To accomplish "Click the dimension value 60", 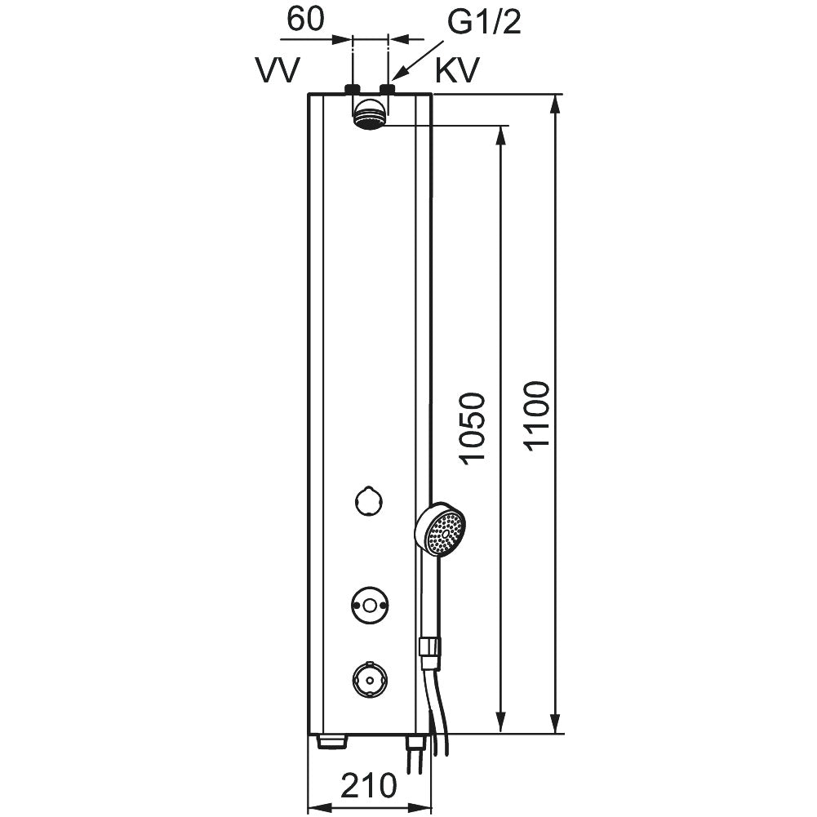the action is [306, 20].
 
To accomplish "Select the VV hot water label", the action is [278, 70].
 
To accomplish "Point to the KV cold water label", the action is [456, 70].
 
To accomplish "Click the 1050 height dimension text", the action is [472, 428].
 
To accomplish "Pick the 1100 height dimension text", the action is [537, 415].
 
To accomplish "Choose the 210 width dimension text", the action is [369, 785].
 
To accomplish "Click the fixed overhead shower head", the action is [370, 114].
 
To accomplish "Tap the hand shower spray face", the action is [444, 531].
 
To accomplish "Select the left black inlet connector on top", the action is [353, 89].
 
